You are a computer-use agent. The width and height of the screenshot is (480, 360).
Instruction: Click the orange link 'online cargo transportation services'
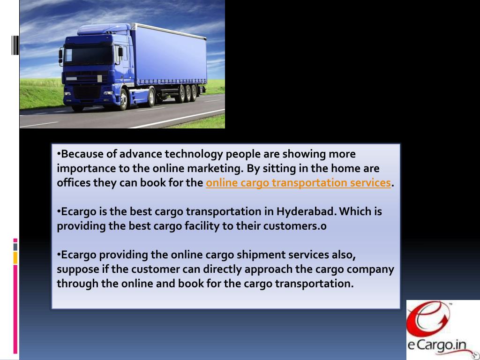pos(298,183)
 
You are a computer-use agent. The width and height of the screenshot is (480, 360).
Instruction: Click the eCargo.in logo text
pos(437,345)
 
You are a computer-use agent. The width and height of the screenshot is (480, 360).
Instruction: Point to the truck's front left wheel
pos(123,99)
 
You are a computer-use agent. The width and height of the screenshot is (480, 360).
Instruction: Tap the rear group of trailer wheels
pos(187,92)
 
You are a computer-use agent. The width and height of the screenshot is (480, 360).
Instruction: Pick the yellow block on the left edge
pos(15,257)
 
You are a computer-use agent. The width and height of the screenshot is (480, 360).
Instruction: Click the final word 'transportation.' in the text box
pos(314,284)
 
